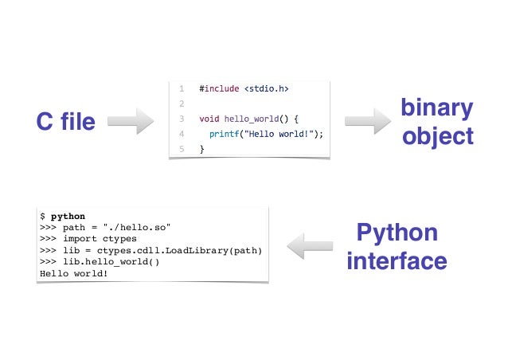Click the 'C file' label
tap(66, 122)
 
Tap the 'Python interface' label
tap(397, 247)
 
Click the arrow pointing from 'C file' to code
tap(130, 122)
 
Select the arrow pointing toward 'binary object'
tap(367, 122)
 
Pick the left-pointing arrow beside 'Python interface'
tap(310, 246)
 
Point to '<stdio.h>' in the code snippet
tap(266, 88)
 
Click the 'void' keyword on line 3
tap(209, 119)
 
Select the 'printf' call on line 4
tap(225, 134)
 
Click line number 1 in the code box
tap(182, 88)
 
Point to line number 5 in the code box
tap(182, 149)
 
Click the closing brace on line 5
tap(202, 149)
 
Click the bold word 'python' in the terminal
tap(68, 216)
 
